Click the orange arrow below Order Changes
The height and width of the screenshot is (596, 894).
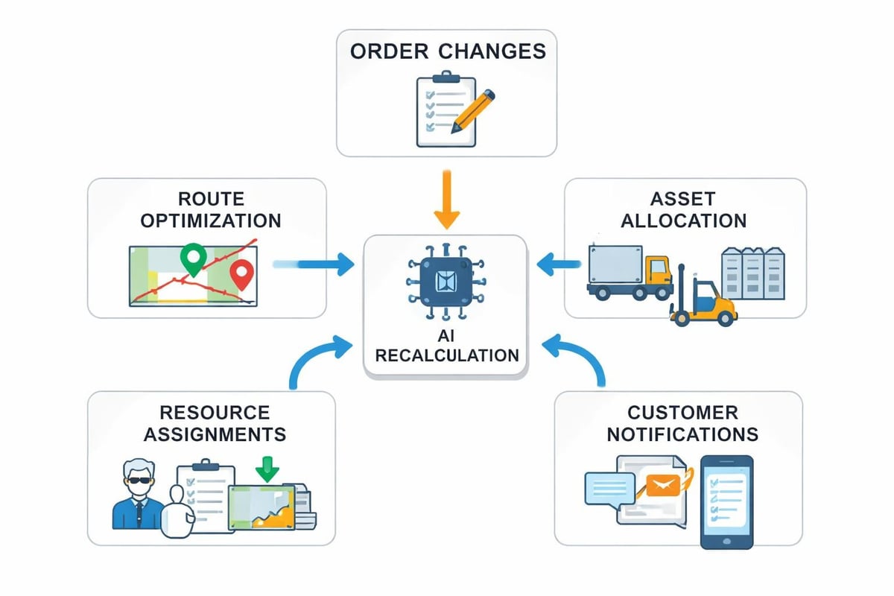click(446, 199)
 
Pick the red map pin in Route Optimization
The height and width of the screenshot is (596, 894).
click(241, 274)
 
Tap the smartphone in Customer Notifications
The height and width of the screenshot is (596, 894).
click(726, 501)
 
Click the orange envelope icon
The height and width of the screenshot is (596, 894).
click(665, 486)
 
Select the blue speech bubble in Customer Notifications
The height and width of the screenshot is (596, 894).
click(609, 489)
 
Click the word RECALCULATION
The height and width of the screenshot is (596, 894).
click(446, 355)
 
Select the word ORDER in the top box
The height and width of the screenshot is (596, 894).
click(387, 51)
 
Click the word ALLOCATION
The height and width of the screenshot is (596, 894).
click(684, 221)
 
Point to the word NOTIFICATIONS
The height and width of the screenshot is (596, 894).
click(682, 434)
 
